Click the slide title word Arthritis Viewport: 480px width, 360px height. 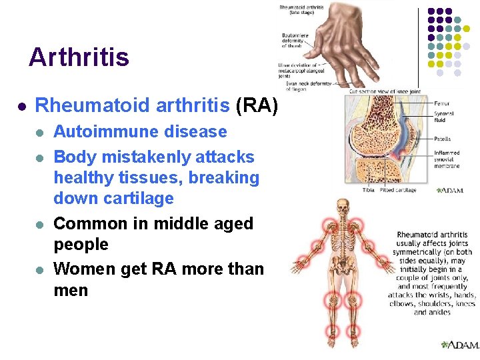pos(79,57)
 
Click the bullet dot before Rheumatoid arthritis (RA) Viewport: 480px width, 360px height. pos(21,106)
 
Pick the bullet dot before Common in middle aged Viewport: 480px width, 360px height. pos(40,224)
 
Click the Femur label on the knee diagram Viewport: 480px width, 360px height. pos(441,104)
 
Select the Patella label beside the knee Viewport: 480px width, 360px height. pos(443,139)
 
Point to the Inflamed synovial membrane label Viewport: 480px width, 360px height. pos(446,159)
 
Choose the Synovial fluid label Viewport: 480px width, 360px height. pos(444,117)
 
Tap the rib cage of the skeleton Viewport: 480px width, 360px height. pos(343,237)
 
